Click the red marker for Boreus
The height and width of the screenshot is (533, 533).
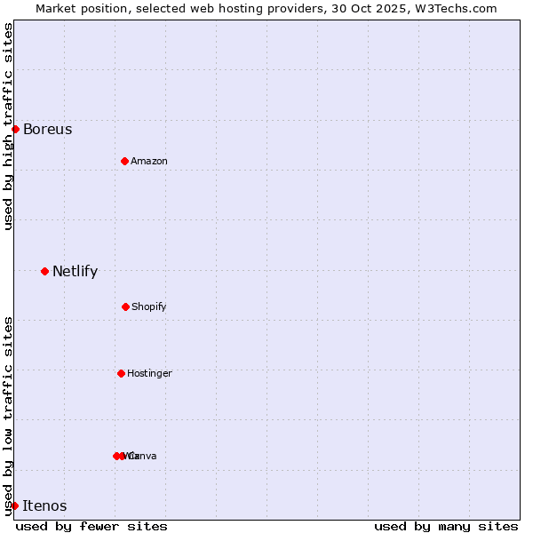[15, 129]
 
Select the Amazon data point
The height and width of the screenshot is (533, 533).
[124, 161]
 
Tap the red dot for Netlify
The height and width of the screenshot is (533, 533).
[44, 271]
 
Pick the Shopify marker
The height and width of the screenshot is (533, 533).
[125, 306]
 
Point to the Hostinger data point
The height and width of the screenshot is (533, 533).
[121, 373]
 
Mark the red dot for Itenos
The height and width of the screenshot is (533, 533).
[14, 505]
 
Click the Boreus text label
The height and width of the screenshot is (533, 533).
[48, 130]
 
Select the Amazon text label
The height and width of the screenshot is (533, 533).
[149, 162]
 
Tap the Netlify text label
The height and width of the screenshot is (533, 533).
[76, 272]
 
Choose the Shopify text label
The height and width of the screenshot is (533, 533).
[149, 307]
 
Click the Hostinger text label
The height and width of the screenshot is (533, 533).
[149, 374]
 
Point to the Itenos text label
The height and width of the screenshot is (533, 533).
[44, 506]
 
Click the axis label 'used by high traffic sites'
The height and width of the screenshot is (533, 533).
[8, 126]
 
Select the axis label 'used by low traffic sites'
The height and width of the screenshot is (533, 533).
[8, 416]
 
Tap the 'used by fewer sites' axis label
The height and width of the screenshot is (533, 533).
[91, 526]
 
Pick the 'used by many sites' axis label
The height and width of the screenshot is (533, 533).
[446, 526]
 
